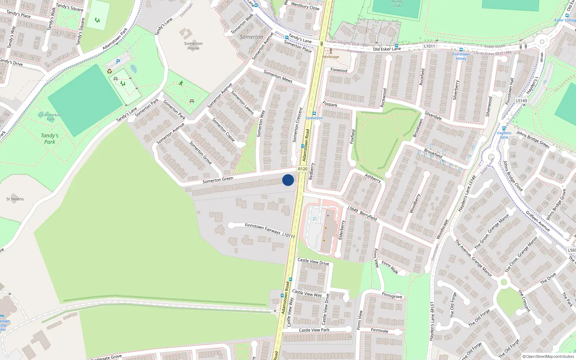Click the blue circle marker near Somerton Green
click(288, 180)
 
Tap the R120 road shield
click(302, 169)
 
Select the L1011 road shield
click(429, 46)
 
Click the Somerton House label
click(193, 46)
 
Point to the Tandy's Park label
click(50, 139)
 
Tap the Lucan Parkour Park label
click(50, 117)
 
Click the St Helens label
click(15, 199)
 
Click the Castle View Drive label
click(313, 262)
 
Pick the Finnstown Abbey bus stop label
click(461, 56)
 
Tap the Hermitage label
click(330, 57)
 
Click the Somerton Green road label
click(218, 180)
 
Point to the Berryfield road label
click(368, 216)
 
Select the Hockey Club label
click(397, 4)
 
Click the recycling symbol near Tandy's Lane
click(109, 71)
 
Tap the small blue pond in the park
click(134, 69)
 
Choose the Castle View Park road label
click(314, 330)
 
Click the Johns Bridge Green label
click(533, 139)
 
